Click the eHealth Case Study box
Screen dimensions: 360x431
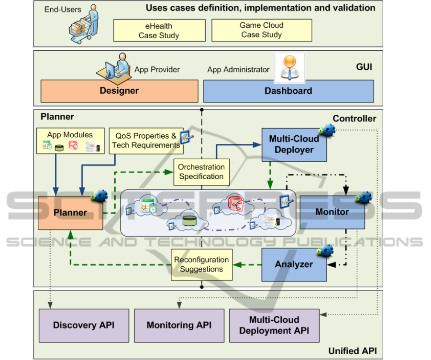[x=159, y=30]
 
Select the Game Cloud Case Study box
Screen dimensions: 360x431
[x=261, y=30]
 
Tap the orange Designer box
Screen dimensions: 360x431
[x=119, y=90]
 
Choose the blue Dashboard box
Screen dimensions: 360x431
[x=288, y=90]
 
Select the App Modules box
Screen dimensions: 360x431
[x=70, y=141]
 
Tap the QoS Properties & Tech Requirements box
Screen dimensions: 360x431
[x=145, y=141]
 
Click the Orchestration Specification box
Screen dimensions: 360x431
[x=201, y=172]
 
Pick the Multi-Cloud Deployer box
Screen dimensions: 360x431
[x=294, y=144]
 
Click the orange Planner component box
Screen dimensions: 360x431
[x=70, y=213]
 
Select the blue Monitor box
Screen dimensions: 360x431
[x=332, y=212]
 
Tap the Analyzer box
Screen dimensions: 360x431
[x=294, y=264]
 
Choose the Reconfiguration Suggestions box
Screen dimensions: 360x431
[x=201, y=264]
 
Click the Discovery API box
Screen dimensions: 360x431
[x=84, y=326]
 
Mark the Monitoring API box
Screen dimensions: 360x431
[x=179, y=326]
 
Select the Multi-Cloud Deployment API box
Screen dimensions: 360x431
[x=274, y=325]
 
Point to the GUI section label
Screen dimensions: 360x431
[x=364, y=67]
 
